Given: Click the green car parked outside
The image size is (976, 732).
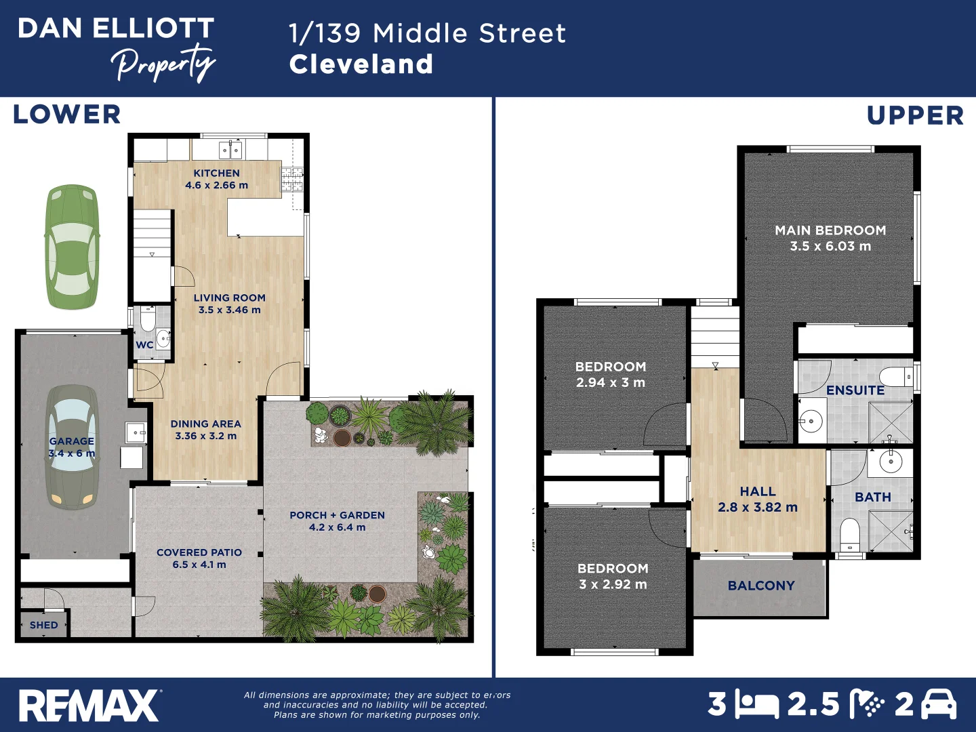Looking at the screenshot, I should (x=72, y=247).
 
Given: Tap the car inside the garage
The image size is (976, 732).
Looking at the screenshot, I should (x=72, y=447).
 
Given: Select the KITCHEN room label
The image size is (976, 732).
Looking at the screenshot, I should (x=216, y=174).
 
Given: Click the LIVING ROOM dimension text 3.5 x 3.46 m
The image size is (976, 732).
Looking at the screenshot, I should (x=229, y=310).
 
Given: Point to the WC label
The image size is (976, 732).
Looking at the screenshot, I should (x=144, y=345).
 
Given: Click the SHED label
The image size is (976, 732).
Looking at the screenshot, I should (x=43, y=625).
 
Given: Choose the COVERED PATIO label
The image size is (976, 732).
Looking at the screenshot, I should (x=199, y=552).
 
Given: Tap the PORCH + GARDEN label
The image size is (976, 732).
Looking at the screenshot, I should (x=337, y=515).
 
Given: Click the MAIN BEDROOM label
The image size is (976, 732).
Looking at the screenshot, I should (x=830, y=230).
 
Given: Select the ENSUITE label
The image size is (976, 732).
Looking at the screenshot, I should (x=855, y=390).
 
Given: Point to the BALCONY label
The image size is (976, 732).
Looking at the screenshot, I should (x=761, y=586).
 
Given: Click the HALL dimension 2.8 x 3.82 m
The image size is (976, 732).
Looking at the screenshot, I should (x=758, y=507).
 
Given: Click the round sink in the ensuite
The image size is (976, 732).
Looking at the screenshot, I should (x=811, y=421).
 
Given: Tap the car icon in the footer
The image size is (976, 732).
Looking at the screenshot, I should (x=939, y=705).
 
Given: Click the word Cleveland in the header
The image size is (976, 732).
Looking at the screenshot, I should (x=361, y=64).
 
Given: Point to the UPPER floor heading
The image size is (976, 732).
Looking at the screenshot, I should (x=915, y=116).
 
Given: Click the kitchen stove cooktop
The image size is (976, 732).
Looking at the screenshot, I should (x=292, y=179).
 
